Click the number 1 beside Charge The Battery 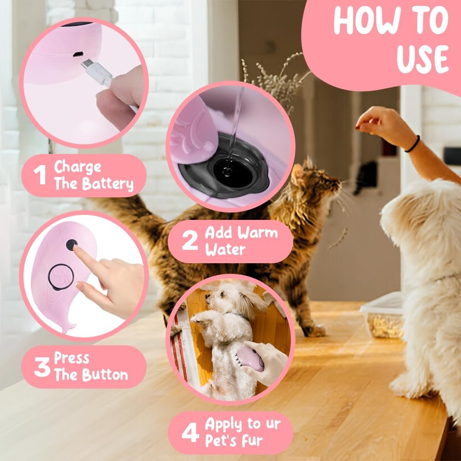coord(39,175)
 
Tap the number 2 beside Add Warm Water coord(189,241)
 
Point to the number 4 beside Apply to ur coord(190,433)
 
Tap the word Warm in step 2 coord(258,233)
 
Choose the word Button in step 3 coord(105,375)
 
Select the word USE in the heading coord(422,59)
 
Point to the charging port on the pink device coord(78,54)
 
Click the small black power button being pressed coord(71,245)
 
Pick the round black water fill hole coord(233,172)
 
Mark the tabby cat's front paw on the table coord(315,331)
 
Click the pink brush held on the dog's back coord(250,358)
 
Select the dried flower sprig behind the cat coord(276,79)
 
